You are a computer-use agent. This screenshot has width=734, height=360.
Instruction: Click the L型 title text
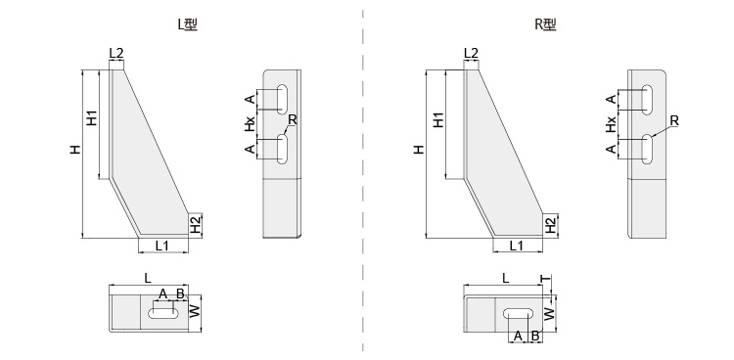(x=188, y=24)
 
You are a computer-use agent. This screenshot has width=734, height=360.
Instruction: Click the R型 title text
(x=546, y=24)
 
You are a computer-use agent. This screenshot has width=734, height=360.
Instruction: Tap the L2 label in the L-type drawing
(x=116, y=54)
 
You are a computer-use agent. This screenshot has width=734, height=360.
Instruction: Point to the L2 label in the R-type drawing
(x=471, y=54)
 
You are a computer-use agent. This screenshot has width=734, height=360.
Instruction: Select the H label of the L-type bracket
(x=75, y=150)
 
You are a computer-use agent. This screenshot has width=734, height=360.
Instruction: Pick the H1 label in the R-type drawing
(x=438, y=120)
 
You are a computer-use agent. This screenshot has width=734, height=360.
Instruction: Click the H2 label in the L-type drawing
(x=195, y=225)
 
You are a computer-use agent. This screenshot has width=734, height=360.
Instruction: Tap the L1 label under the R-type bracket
(x=517, y=246)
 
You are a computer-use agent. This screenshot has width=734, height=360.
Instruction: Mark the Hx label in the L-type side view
(x=251, y=124)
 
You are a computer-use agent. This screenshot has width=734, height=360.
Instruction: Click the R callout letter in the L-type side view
(x=292, y=120)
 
